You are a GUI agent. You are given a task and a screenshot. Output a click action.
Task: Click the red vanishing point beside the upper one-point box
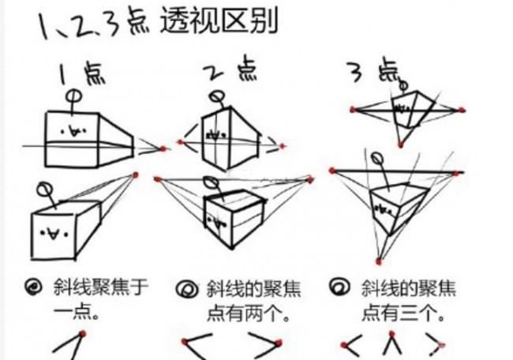coord(163,148)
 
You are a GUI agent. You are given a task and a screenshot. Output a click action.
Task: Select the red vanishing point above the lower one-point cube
coord(136,174)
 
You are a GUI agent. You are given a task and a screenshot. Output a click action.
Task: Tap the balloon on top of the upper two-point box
coord(215,98)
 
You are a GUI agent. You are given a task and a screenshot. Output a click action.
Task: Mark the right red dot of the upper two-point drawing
coord(283,145)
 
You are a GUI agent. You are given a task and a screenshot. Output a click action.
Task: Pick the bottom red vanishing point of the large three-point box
coord(379,261)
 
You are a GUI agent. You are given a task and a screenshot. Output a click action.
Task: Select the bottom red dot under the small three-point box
coord(401,144)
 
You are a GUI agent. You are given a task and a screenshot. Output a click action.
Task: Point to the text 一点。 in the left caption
coord(75,313)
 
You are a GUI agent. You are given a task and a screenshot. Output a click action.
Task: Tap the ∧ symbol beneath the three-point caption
coord(390,344)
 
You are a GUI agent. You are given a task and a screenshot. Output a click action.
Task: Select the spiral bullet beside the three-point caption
coord(342,287)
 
